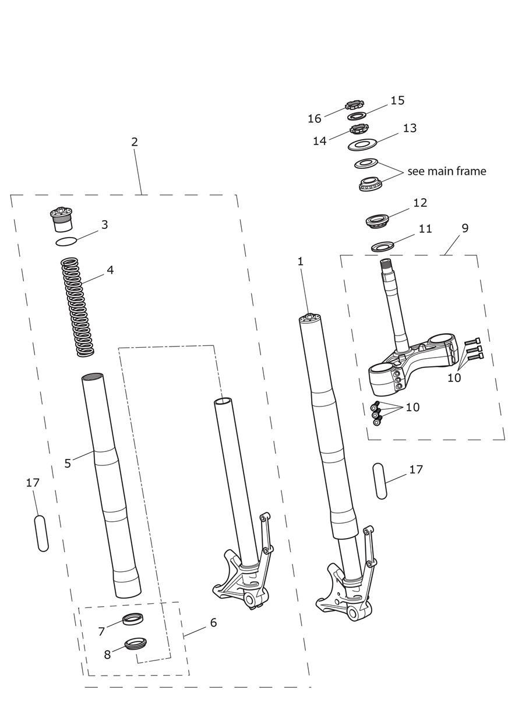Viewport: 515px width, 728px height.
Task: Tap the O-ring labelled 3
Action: (66, 241)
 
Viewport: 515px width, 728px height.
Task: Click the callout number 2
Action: (135, 142)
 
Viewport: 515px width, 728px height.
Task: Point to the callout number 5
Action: (68, 464)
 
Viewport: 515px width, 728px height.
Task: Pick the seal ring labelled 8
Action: (136, 644)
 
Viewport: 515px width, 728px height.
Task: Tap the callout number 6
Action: (213, 623)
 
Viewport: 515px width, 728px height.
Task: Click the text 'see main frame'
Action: (446, 171)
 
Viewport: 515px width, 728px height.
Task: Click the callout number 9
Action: (464, 228)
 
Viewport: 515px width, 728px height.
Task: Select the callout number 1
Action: (301, 261)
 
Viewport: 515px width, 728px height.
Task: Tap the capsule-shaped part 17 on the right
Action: (380, 480)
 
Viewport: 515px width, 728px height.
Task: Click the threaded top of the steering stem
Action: (386, 265)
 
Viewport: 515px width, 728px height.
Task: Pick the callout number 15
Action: (397, 100)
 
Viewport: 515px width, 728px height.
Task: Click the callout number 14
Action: (319, 141)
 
